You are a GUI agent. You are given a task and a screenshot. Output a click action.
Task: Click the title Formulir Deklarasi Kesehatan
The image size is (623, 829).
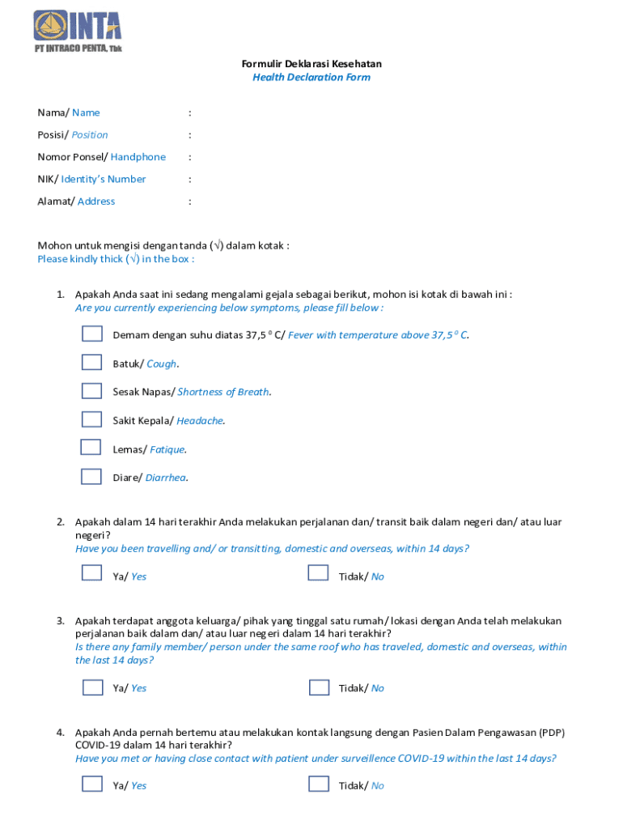point(311,64)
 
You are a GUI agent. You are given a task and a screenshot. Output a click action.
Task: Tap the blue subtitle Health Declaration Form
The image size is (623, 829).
point(311,78)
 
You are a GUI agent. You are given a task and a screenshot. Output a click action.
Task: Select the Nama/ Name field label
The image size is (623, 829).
point(69,113)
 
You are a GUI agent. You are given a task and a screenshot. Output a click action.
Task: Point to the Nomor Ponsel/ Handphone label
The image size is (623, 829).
point(101,157)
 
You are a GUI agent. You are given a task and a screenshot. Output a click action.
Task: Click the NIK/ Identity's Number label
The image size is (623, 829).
point(91,179)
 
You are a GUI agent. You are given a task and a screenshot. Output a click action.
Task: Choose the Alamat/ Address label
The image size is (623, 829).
point(76,202)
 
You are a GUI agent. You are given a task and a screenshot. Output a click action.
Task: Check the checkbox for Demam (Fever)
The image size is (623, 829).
point(91,334)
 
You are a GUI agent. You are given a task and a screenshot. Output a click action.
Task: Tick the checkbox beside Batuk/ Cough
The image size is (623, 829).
point(91,362)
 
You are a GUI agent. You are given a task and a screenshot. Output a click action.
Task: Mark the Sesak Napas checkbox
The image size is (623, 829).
point(91,391)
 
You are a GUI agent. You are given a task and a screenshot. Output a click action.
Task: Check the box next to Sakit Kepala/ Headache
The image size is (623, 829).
point(91,419)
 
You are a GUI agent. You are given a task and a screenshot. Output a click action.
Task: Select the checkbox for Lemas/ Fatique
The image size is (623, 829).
point(91,448)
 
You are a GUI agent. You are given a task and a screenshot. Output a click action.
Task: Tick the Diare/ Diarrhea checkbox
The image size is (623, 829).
point(91,476)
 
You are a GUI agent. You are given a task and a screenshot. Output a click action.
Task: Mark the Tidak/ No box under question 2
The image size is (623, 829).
point(318,573)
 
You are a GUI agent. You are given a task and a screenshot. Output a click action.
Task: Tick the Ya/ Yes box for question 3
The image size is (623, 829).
point(92,687)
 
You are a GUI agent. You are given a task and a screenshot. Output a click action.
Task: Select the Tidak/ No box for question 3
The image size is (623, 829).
point(319,687)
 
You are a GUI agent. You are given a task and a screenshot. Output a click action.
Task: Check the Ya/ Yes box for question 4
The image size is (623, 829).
point(92,784)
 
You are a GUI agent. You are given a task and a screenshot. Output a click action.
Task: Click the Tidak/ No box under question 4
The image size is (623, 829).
point(319,784)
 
